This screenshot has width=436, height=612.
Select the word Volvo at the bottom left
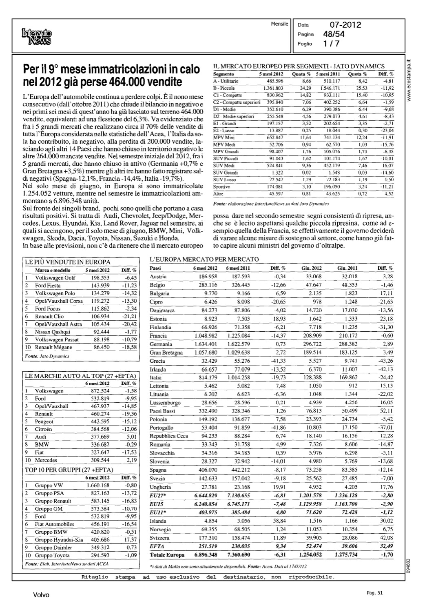tap(41, 595)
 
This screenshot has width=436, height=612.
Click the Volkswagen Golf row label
tap(55, 278)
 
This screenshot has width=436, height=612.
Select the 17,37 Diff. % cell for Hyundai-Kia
tap(131, 540)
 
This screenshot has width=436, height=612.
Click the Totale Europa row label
tap(167, 555)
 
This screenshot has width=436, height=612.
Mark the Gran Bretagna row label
tap(166, 353)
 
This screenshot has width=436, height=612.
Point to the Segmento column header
tap(224, 74)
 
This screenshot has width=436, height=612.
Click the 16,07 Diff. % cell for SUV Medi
tap(385, 166)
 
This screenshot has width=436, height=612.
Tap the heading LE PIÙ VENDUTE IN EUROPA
tap(68, 262)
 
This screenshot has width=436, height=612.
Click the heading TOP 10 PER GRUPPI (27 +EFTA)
tap(69, 470)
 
